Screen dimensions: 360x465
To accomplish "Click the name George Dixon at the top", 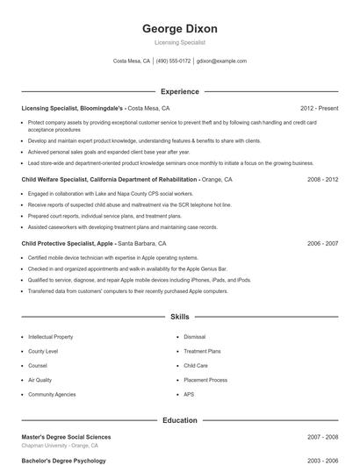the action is [180, 29].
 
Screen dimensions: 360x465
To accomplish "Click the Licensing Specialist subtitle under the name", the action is [180, 42].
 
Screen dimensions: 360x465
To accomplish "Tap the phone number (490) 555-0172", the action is [174, 61].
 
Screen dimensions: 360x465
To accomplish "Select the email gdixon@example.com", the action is [221, 61].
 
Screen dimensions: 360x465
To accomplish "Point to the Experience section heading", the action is [180, 91].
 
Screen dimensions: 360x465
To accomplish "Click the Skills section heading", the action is [180, 316].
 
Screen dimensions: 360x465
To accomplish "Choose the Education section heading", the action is [180, 420].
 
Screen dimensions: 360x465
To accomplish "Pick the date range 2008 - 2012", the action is [322, 179].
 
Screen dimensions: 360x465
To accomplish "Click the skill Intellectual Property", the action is [51, 336].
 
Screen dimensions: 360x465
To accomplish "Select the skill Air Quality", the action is [40, 380].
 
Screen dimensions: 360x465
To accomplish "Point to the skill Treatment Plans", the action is [202, 351].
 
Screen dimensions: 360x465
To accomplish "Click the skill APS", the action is [189, 395].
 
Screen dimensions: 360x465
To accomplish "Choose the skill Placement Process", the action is [205, 380].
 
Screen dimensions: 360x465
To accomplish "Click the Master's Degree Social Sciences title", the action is [66, 436].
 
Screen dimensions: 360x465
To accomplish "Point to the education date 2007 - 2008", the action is [322, 436].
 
